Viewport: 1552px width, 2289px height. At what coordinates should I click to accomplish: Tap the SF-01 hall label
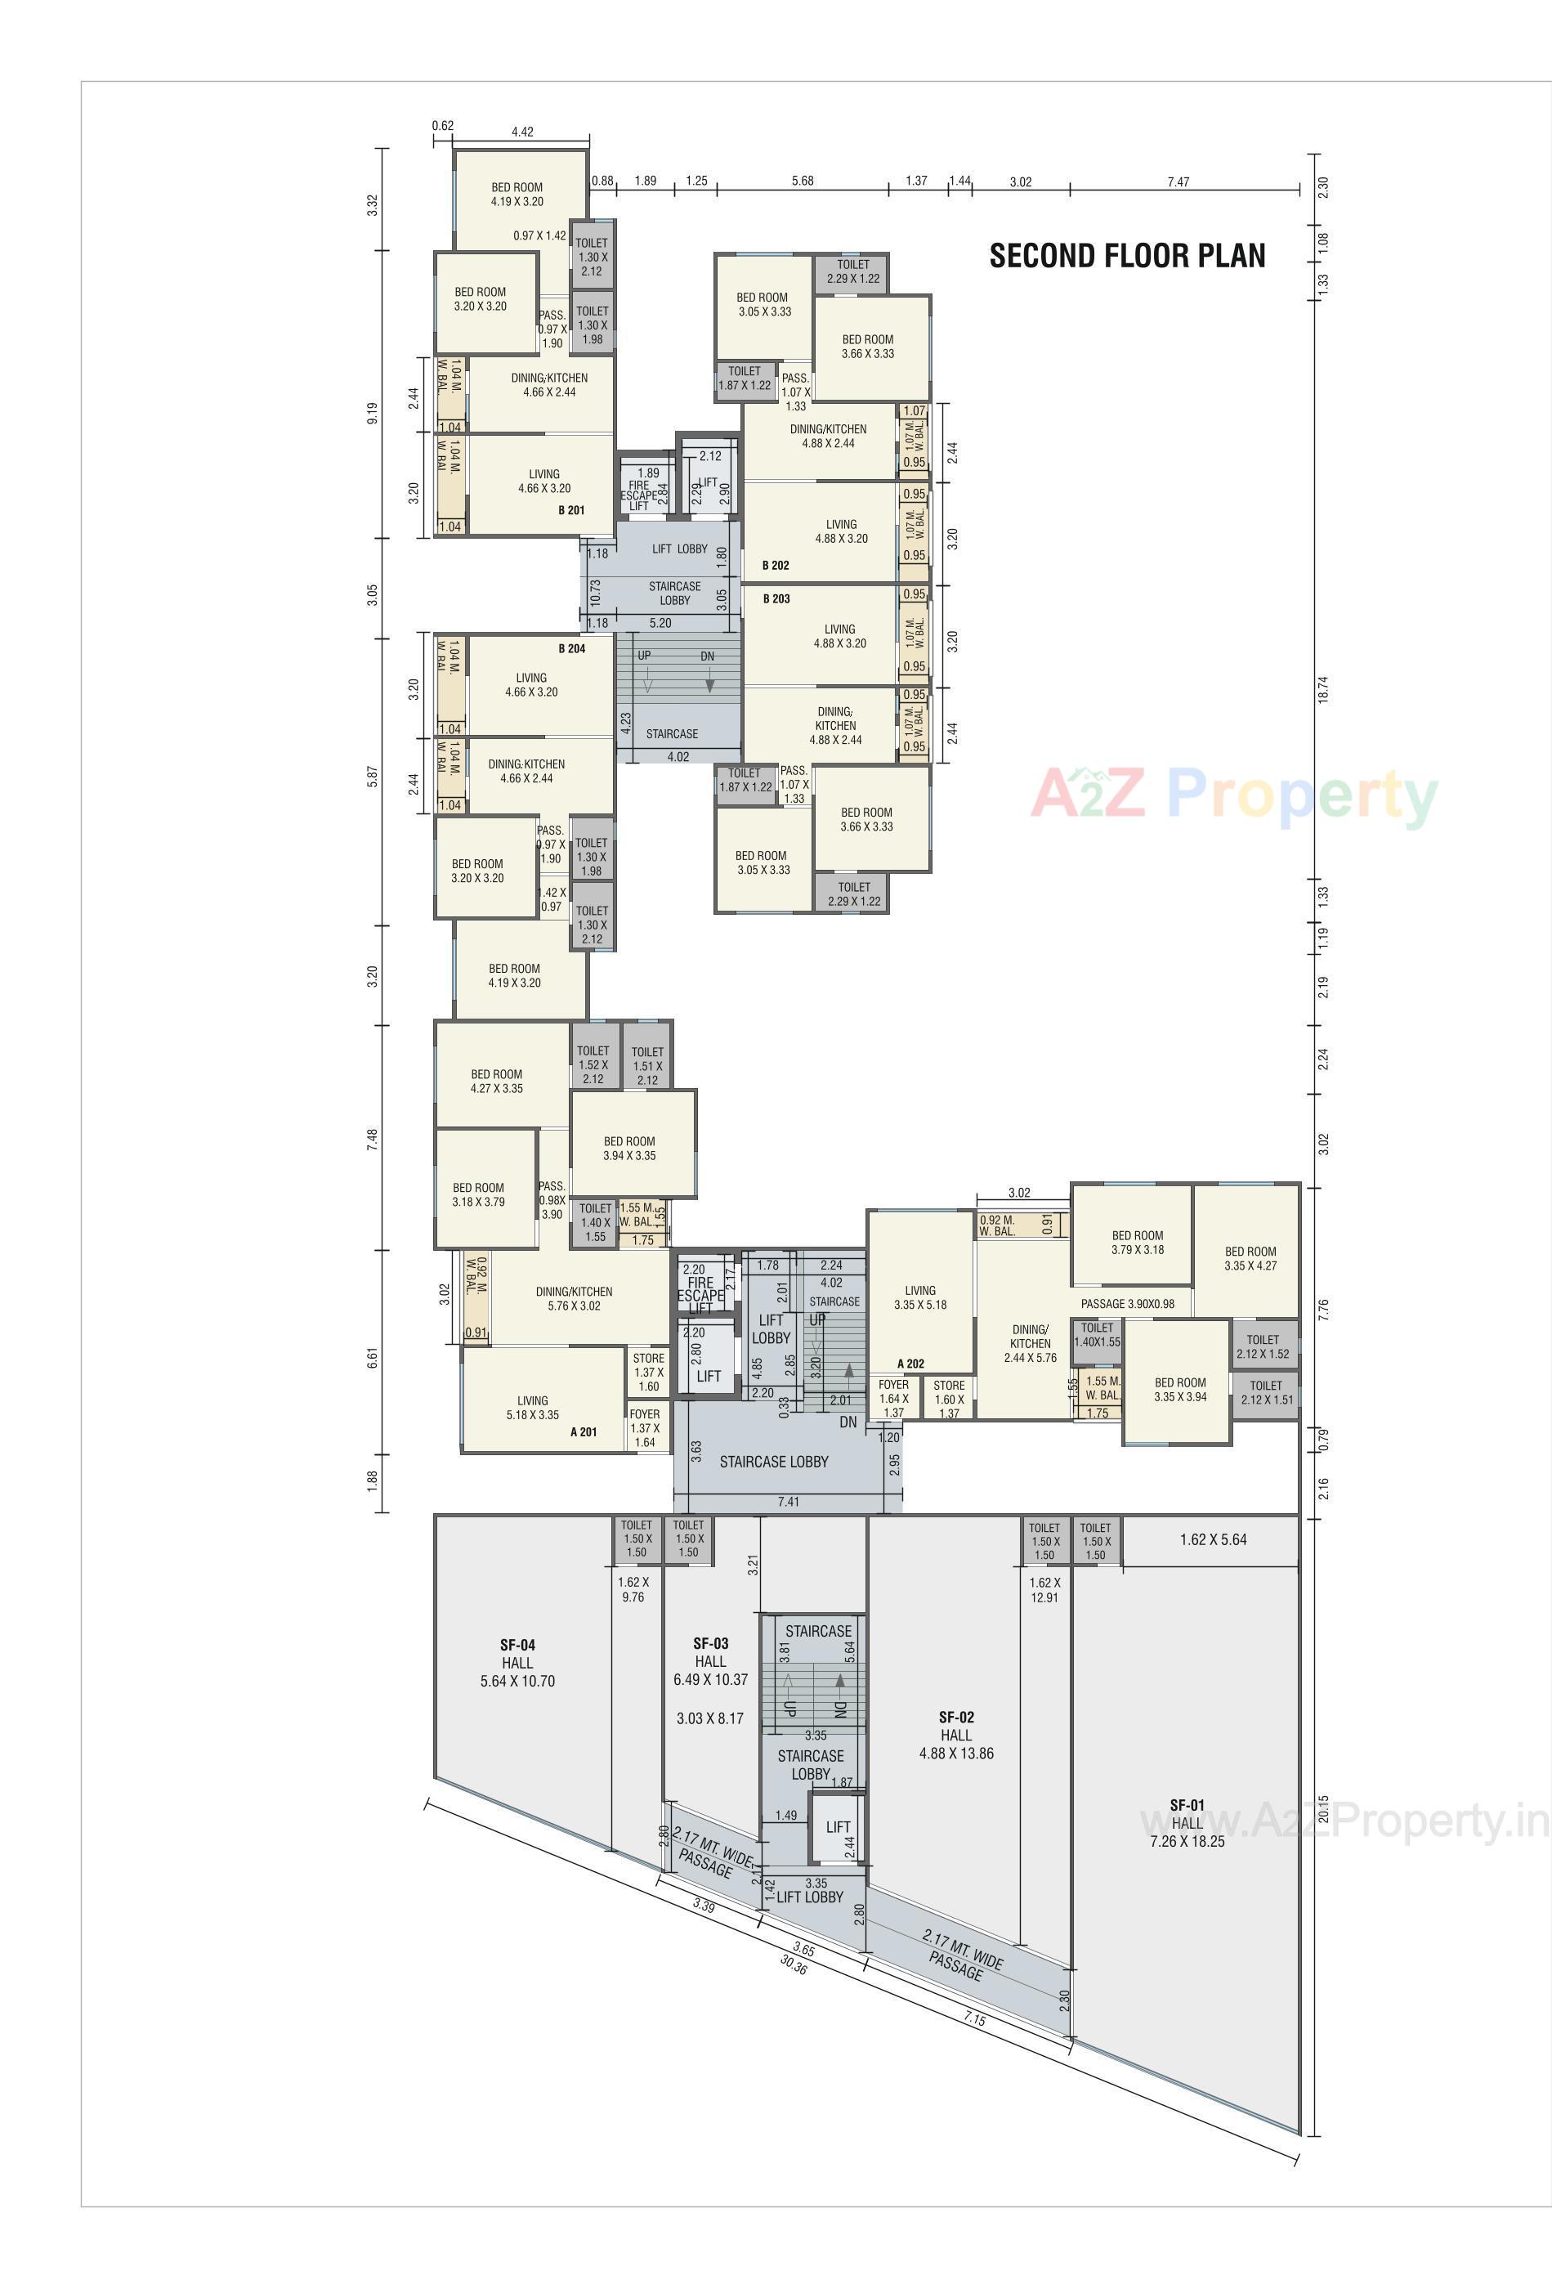click(1187, 1823)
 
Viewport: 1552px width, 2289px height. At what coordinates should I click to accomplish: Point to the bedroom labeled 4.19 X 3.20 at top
click(517, 194)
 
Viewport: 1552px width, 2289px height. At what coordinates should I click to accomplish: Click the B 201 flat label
click(571, 510)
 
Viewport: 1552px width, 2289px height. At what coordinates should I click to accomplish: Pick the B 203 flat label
click(776, 599)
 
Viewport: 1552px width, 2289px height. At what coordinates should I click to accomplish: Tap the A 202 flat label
click(911, 1364)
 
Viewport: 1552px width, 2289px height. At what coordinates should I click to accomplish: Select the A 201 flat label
click(583, 1432)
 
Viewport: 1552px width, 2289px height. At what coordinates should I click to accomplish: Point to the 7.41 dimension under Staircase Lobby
click(788, 1502)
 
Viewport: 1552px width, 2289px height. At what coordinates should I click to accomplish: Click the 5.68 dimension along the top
click(803, 181)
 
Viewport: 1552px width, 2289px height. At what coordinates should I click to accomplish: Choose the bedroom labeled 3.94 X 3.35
click(629, 1149)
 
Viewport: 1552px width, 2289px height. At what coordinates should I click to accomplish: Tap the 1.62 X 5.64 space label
click(1212, 1539)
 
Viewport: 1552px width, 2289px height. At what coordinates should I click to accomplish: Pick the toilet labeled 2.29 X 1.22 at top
click(852, 272)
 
